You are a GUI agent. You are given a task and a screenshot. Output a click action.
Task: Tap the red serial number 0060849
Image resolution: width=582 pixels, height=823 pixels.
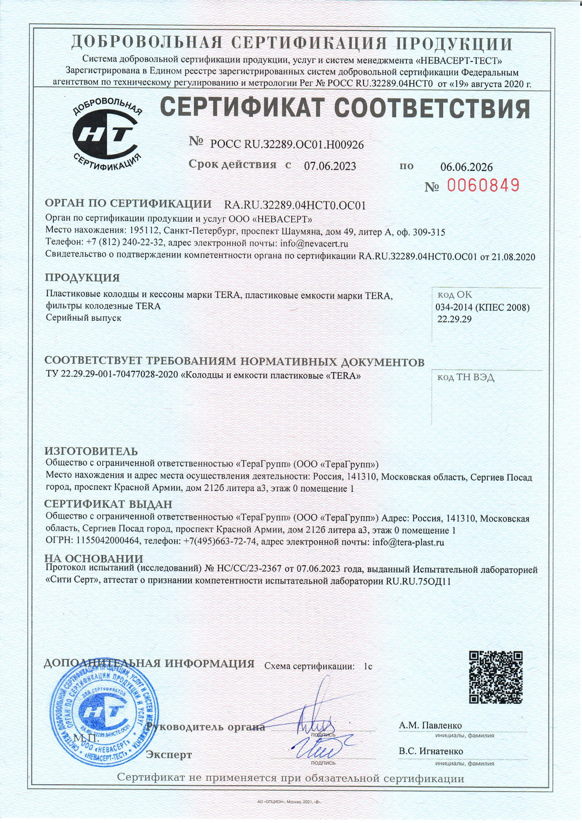483,185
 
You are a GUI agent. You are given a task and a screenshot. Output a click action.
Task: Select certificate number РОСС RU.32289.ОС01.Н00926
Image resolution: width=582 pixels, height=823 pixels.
287,145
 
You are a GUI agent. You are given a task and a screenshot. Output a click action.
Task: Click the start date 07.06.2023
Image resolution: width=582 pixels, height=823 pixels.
330,166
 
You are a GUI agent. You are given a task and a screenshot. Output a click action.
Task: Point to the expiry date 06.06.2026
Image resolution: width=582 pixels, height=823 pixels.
466,167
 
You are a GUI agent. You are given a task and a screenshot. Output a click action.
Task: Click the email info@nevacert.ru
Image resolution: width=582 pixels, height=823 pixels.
314,244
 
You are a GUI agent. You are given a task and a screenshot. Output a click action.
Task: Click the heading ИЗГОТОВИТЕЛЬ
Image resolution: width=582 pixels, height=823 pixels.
91,451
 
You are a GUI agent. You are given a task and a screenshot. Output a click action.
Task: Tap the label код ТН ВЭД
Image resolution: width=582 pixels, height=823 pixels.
466,378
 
